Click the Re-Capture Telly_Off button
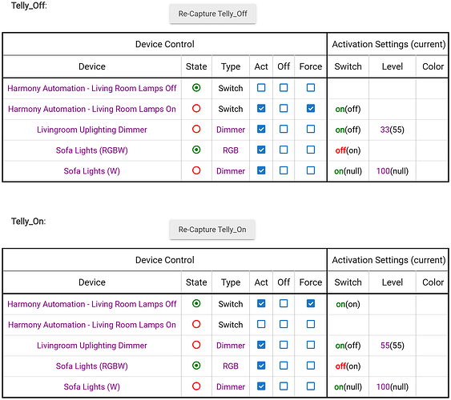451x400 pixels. pyautogui.click(x=212, y=14)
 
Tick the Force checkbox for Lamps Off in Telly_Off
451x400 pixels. pyautogui.click(x=311, y=87)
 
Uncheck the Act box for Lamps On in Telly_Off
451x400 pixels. pyautogui.click(x=261, y=109)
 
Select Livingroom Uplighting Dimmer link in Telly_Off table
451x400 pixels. pyautogui.click(x=92, y=130)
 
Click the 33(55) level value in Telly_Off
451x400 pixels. pyautogui.click(x=392, y=130)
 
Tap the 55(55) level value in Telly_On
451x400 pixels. pyautogui.click(x=392, y=345)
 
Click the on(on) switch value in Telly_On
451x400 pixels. pyautogui.click(x=348, y=304)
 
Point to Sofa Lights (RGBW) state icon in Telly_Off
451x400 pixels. pyautogui.click(x=196, y=150)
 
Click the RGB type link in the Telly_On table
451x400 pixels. pyautogui.click(x=231, y=366)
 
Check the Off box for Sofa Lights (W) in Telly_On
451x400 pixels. pyautogui.click(x=284, y=386)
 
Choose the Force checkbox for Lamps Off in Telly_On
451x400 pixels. pyautogui.click(x=311, y=303)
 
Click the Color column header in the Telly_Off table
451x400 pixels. pyautogui.click(x=433, y=66)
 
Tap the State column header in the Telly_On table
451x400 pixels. pyautogui.click(x=196, y=282)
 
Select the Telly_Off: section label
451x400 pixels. pyautogui.click(x=29, y=6)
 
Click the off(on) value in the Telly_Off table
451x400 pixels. pyautogui.click(x=348, y=150)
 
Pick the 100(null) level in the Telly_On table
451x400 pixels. pyautogui.click(x=393, y=386)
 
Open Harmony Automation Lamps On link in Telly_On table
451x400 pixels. pyautogui.click(x=92, y=325)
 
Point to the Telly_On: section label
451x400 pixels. pyautogui.click(x=28, y=221)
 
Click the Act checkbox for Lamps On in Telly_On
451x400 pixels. pyautogui.click(x=261, y=324)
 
